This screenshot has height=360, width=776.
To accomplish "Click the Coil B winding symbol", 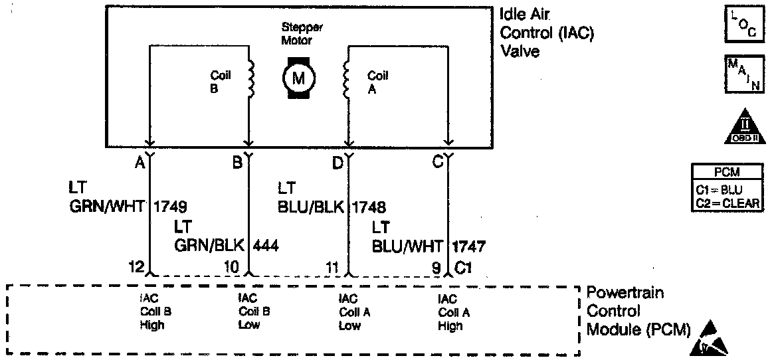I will point(252,77).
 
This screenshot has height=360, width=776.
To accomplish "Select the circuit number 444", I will point(266,246).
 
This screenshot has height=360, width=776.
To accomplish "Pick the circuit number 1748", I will point(369,207).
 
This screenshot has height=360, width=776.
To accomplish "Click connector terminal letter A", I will point(140,161).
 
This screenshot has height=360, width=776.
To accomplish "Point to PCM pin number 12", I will point(137,268).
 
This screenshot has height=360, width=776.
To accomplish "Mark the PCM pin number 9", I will point(436,268).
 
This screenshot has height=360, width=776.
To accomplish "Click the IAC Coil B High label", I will point(151,312).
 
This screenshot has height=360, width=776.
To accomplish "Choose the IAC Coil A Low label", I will point(349,312).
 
